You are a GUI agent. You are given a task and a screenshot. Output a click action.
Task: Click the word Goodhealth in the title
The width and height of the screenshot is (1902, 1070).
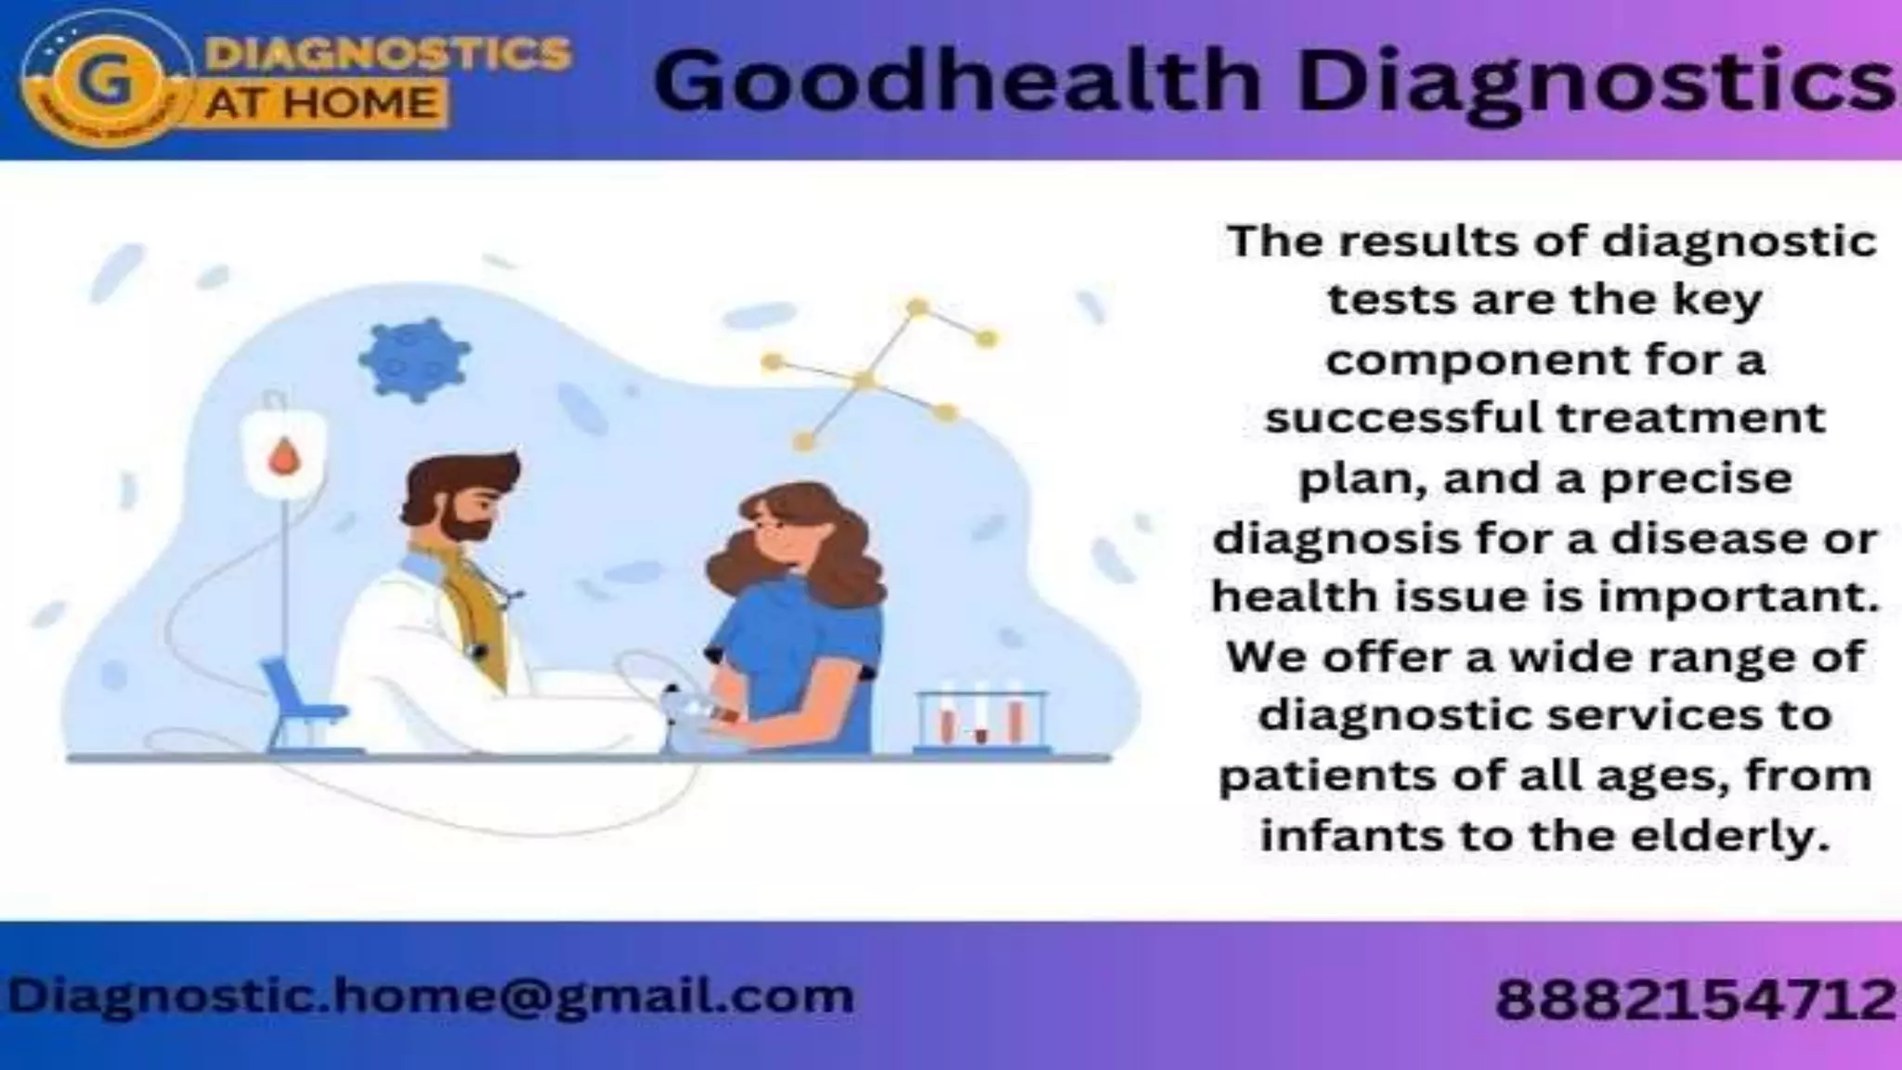pyautogui.click(x=957, y=82)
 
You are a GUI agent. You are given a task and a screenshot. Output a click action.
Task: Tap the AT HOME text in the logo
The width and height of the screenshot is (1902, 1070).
pyautogui.click(x=321, y=102)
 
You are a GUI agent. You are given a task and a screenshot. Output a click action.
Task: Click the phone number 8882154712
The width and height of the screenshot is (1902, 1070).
pyautogui.click(x=1696, y=999)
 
